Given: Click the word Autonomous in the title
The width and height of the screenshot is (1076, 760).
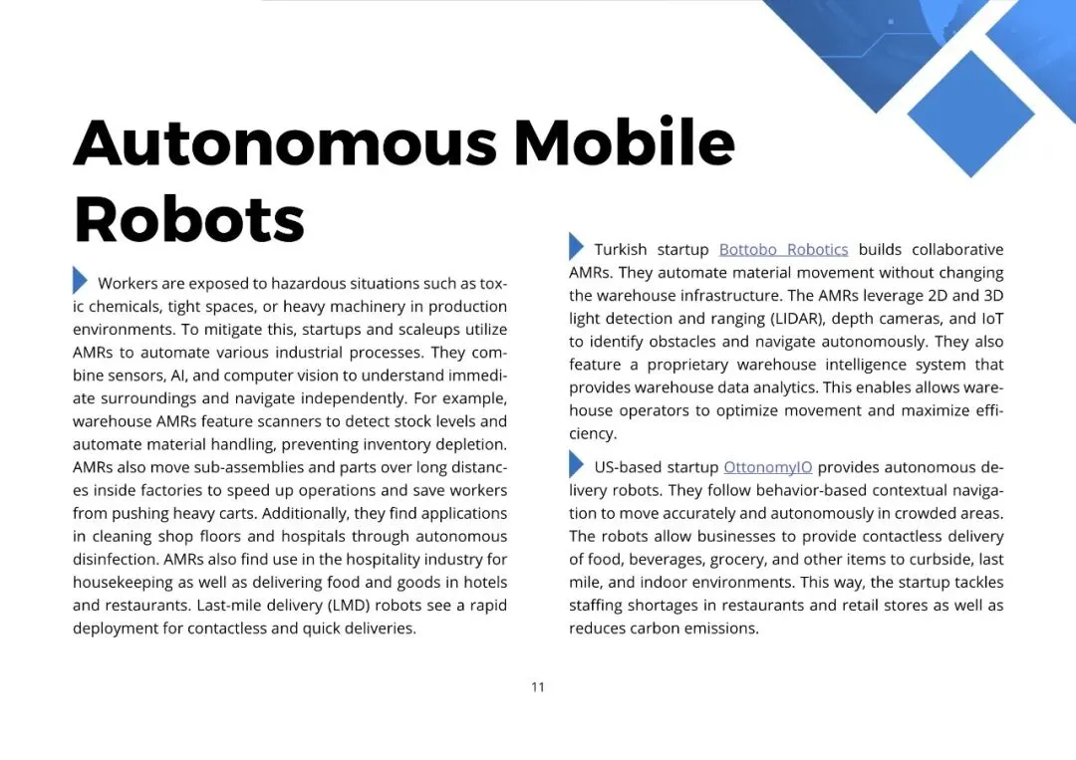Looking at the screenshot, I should (x=285, y=143).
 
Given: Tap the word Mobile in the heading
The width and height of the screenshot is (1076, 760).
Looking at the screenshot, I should (x=624, y=143).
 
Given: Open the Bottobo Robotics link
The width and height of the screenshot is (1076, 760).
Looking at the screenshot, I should (x=783, y=249).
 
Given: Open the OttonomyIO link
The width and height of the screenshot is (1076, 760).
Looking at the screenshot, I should (x=767, y=467).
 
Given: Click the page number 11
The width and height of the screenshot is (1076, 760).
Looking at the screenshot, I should (x=538, y=686).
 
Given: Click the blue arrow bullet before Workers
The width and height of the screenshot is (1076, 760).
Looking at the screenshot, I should (x=80, y=281).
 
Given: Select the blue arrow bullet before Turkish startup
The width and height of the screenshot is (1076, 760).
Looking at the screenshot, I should (x=576, y=246).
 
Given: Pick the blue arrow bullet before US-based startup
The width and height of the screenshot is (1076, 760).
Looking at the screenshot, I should (x=576, y=464).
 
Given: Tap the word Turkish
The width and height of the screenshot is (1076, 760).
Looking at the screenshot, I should (x=620, y=249).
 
